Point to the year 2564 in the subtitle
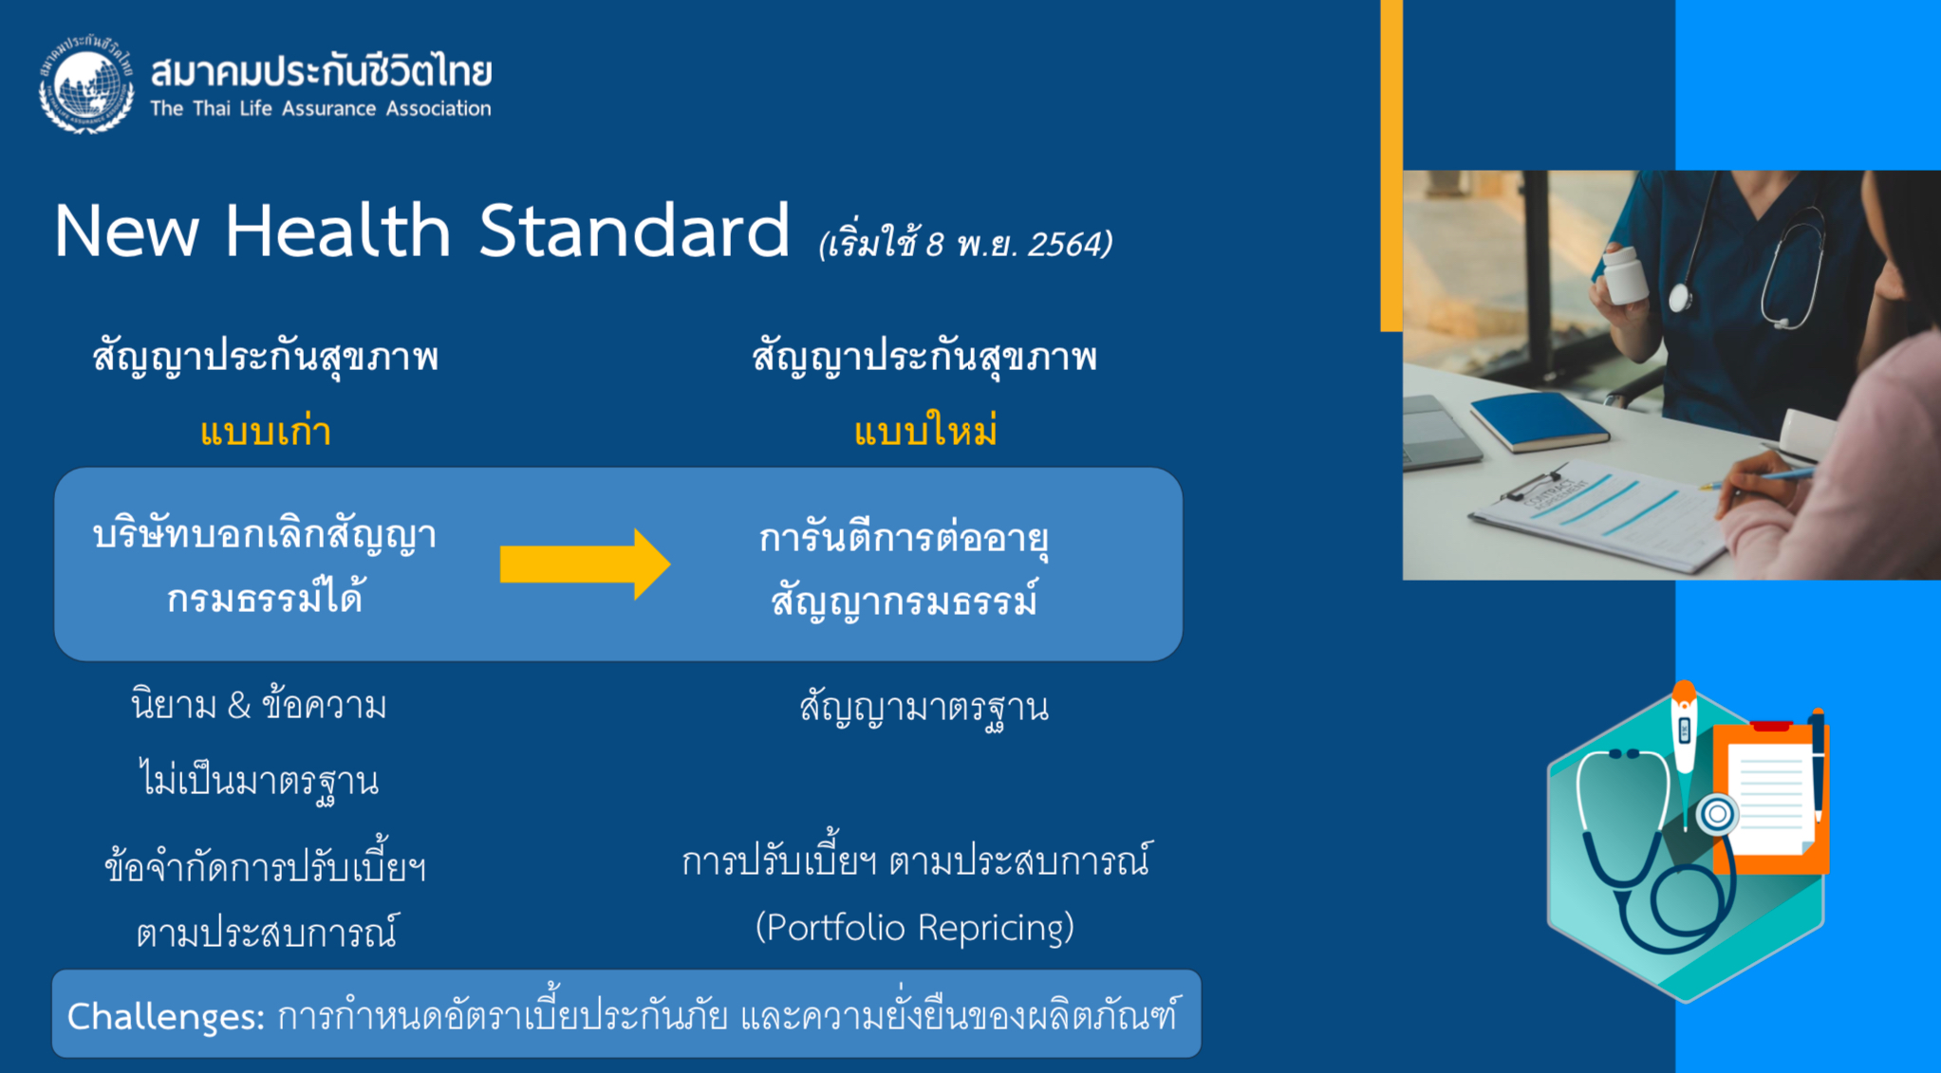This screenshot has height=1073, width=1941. pyautogui.click(x=1065, y=244)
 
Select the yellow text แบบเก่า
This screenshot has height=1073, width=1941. pyautogui.click(x=266, y=432)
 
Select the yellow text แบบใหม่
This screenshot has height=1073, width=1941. pyautogui.click(x=925, y=432)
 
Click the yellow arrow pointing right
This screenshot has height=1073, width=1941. pyautogui.click(x=585, y=564)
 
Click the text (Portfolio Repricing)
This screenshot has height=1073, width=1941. pyautogui.click(x=915, y=927)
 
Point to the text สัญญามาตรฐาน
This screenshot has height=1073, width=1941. pyautogui.click(x=924, y=708)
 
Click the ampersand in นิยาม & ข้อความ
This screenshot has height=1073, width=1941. pyautogui.click(x=239, y=706)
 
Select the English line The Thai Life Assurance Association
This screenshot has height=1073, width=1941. pyautogui.click(x=321, y=108)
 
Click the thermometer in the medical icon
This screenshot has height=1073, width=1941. pyautogui.click(x=1684, y=749)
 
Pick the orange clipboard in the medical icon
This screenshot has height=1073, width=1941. pyautogui.click(x=1771, y=798)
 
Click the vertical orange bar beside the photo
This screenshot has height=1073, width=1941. pyautogui.click(x=1391, y=165)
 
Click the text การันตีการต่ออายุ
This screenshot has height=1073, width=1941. pyautogui.click(x=904, y=539)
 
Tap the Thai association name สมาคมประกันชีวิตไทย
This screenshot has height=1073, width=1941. pyautogui.click(x=321, y=70)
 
